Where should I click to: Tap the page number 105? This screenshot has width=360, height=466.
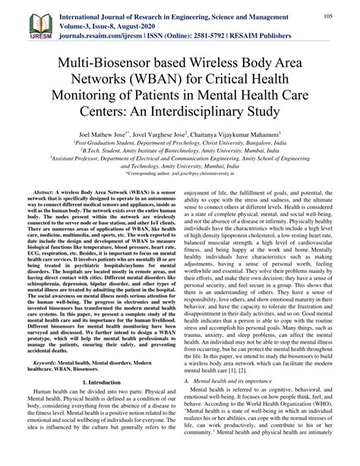[x=330, y=16]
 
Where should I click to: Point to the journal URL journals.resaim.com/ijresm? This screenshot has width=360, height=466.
[x=106, y=34]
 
